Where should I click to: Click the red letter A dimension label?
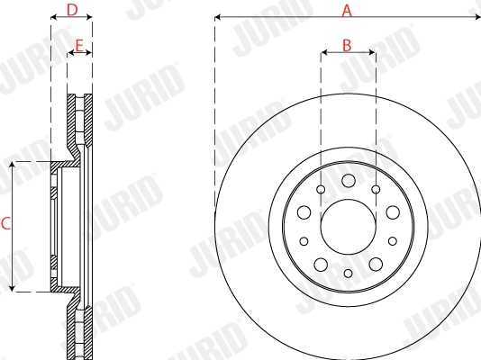pyautogui.click(x=347, y=11)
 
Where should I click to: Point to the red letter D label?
pyautogui.click(x=73, y=11)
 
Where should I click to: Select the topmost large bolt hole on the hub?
pyautogui.click(x=348, y=182)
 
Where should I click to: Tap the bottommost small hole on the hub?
pyautogui.click(x=348, y=272)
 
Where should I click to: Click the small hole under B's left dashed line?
pyautogui.click(x=322, y=190)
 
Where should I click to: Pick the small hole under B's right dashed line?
pyautogui.click(x=375, y=190)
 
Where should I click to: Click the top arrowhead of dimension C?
pyautogui.click(x=12, y=165)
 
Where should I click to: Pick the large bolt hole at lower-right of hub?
pyautogui.click(x=375, y=264)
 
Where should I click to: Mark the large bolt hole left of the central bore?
pyautogui.click(x=304, y=212)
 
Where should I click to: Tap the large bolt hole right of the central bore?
pyautogui.click(x=392, y=212)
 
